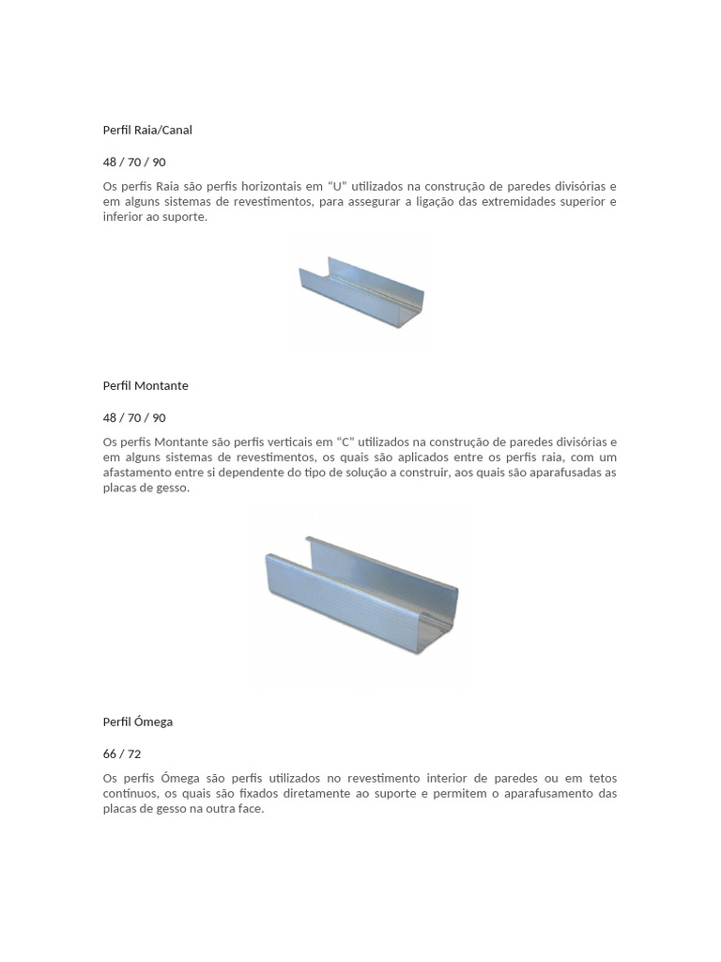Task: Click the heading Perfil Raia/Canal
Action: tap(147, 130)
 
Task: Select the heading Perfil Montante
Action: tap(146, 385)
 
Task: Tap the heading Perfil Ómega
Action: tap(138, 721)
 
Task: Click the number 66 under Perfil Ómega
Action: tap(110, 753)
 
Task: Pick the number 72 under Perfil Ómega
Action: tap(134, 753)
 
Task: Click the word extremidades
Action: tap(522, 202)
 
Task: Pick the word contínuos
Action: tap(130, 794)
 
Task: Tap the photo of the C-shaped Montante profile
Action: tap(360, 597)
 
